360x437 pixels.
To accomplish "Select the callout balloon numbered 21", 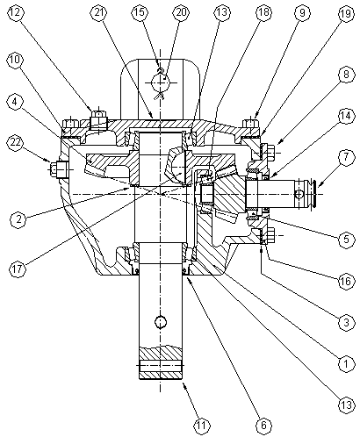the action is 99,12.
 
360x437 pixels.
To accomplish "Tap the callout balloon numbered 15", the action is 140,12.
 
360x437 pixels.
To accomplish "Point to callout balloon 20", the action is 181,12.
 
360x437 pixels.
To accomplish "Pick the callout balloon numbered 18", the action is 263,12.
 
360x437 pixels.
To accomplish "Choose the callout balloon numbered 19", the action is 346,13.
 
